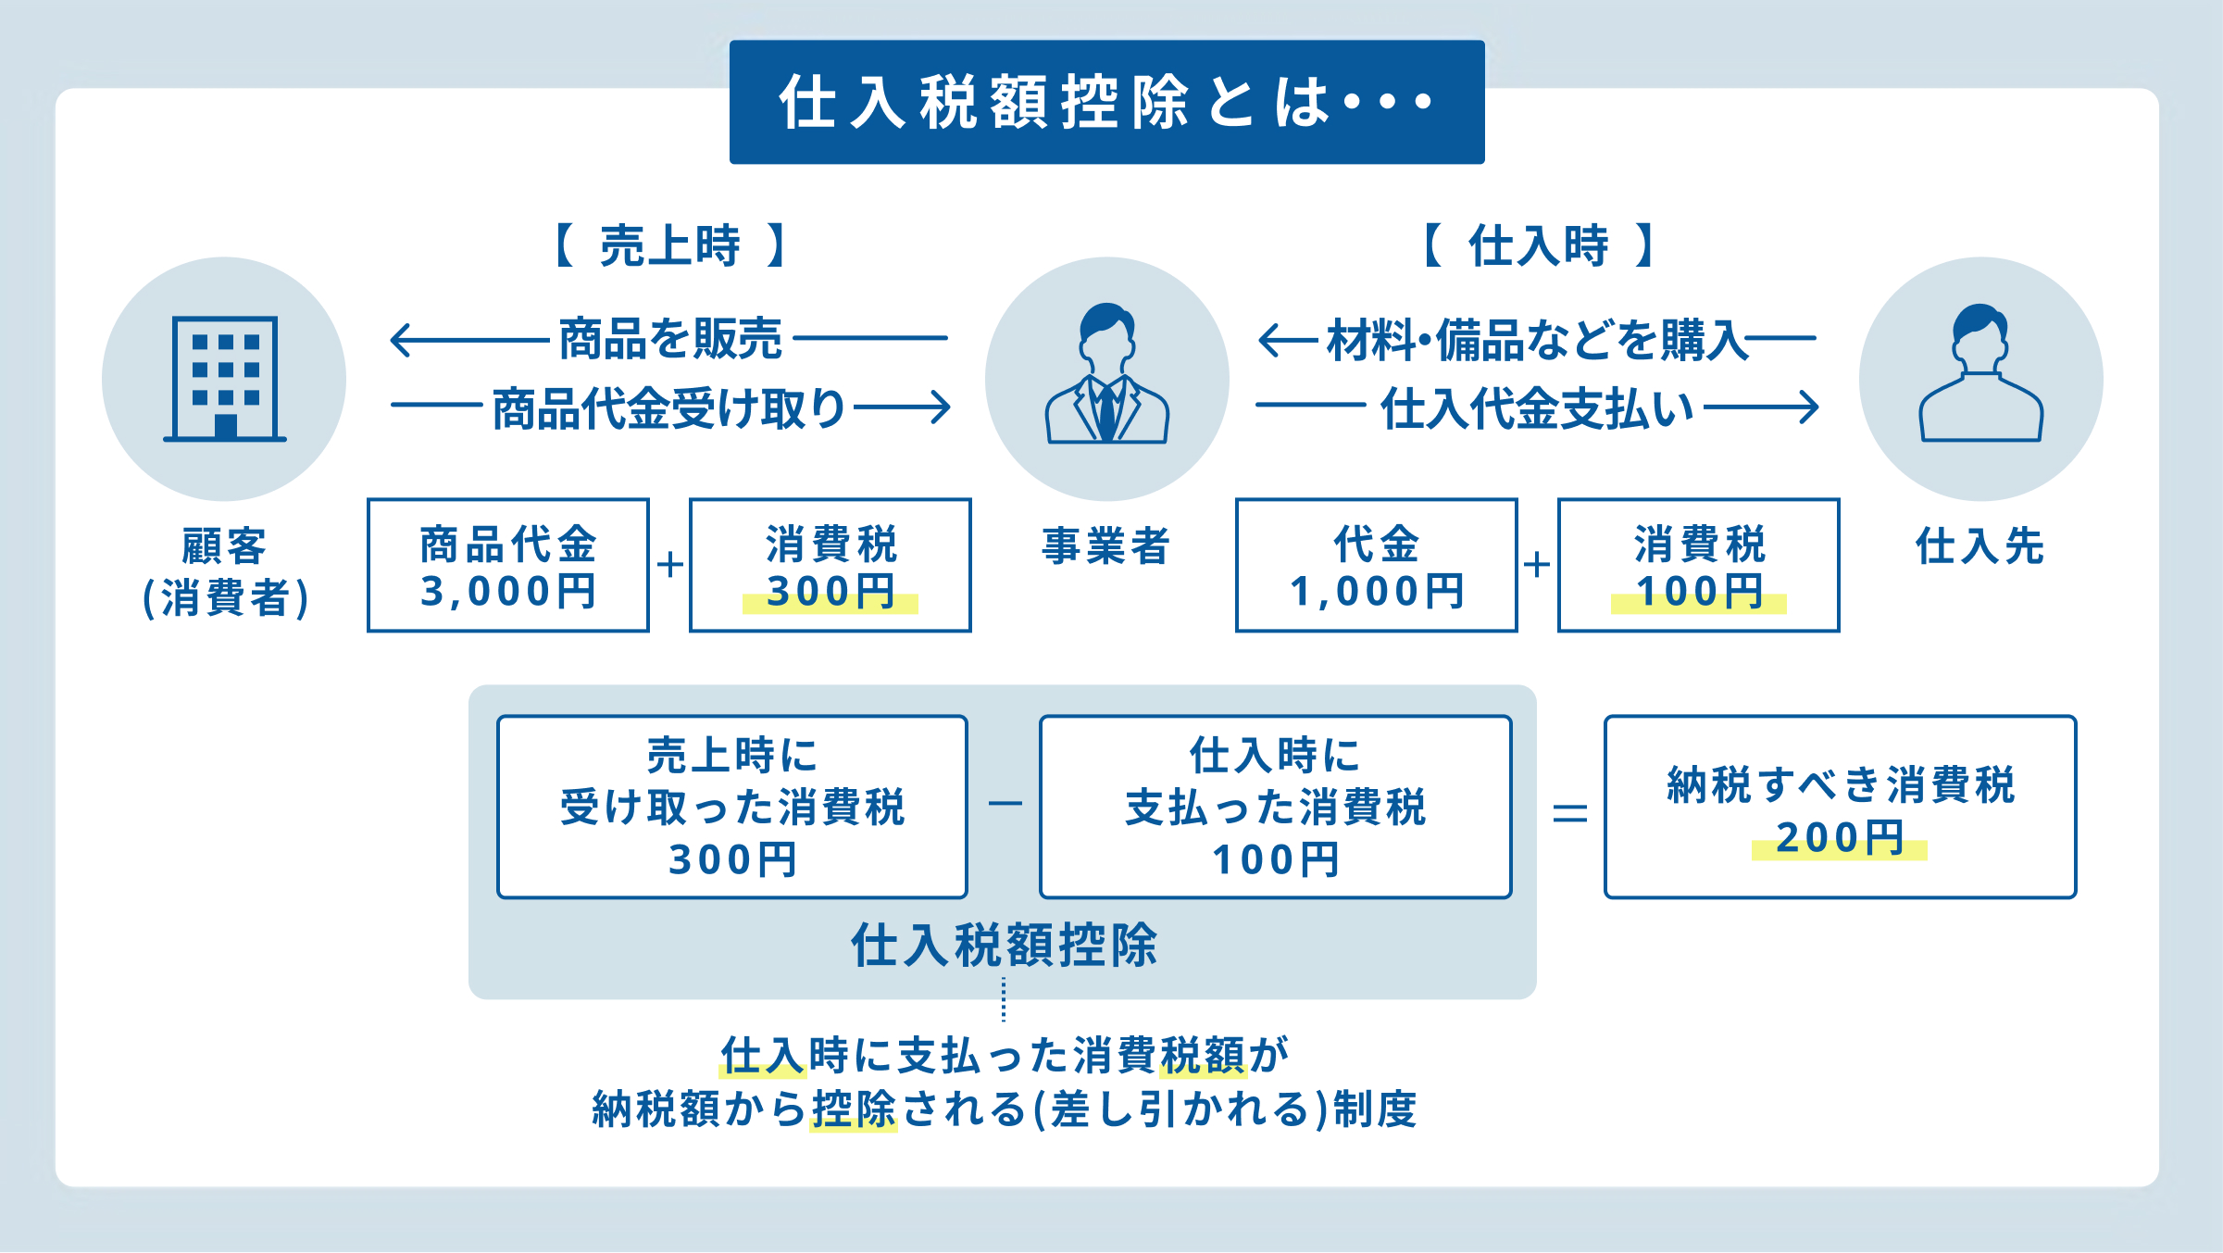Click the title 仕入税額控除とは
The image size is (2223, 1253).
coord(1105,102)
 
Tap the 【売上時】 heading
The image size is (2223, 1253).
coord(669,245)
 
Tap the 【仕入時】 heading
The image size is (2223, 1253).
coord(1538,245)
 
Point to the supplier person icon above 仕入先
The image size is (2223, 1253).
coord(1980,374)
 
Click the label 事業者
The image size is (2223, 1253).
coord(1106,545)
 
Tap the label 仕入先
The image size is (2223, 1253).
coord(1980,545)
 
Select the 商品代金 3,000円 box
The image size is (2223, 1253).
coord(507,565)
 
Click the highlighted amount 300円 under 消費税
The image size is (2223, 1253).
coord(830,592)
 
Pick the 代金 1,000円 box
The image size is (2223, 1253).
coord(1376,565)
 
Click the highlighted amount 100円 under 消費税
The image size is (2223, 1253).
coord(1698,592)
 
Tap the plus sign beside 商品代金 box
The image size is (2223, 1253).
coord(669,564)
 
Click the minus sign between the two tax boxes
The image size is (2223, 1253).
coord(1005,803)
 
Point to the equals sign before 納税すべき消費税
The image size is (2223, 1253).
coord(1569,813)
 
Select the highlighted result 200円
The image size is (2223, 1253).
coord(1839,838)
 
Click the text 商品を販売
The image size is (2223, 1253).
coord(670,339)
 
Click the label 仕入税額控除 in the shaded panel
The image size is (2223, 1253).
coord(1004,946)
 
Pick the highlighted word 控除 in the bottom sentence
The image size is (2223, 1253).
coord(854,1109)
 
